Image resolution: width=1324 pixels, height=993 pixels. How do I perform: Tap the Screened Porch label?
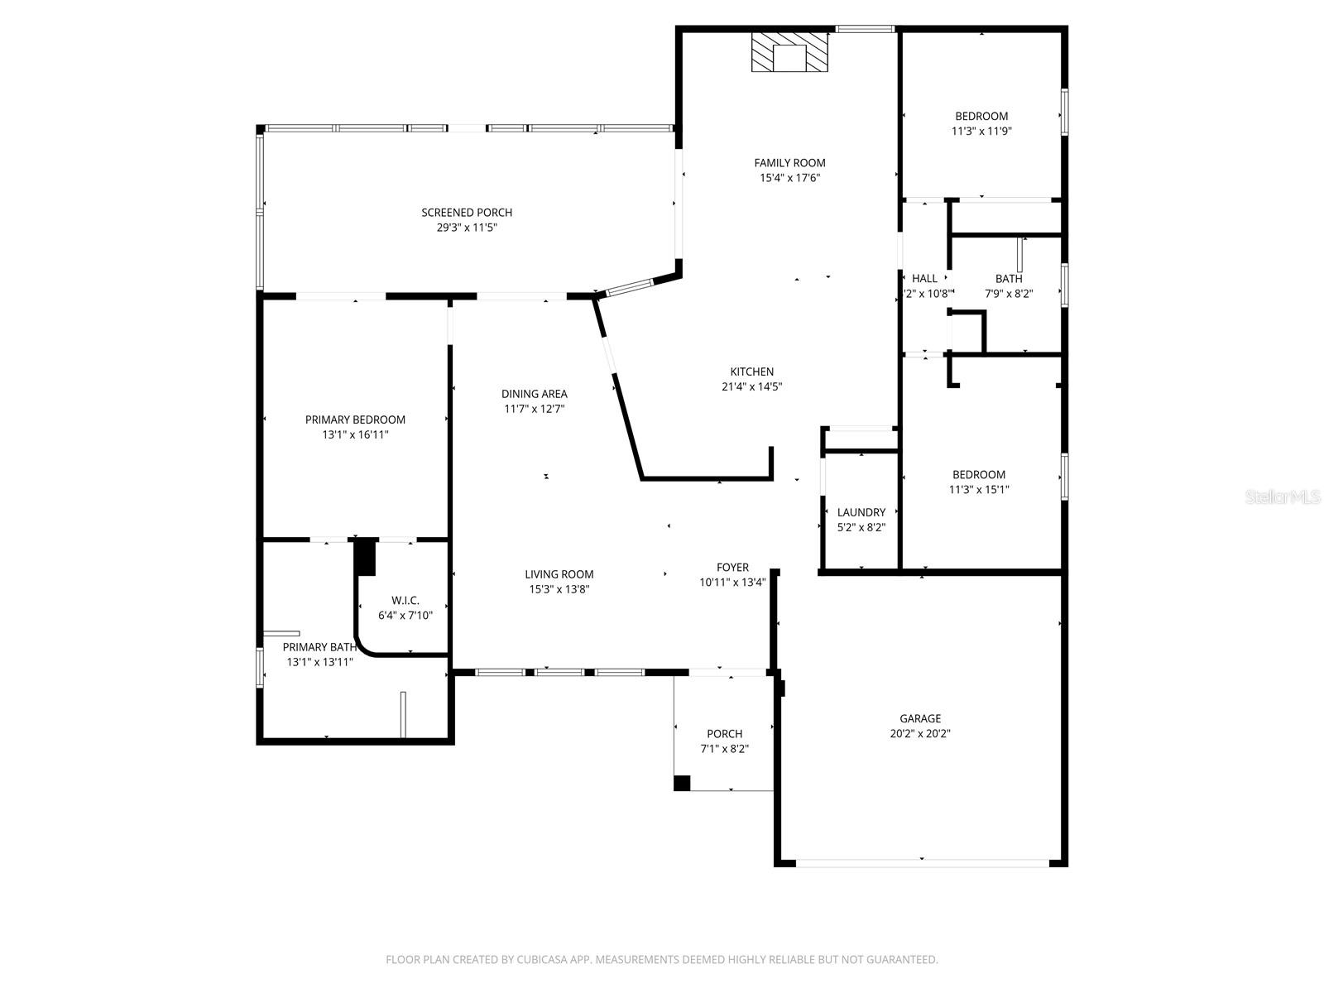[x=467, y=213]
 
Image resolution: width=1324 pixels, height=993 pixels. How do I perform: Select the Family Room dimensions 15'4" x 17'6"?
[x=789, y=178]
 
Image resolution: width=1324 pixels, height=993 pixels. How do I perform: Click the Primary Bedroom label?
[x=355, y=420]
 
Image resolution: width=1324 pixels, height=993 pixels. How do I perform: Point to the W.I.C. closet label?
[x=405, y=601]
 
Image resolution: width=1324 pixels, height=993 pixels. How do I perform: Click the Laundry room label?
[x=861, y=512]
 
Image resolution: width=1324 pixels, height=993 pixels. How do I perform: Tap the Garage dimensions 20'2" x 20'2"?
[x=920, y=733]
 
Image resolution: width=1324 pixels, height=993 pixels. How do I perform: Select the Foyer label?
[x=732, y=568]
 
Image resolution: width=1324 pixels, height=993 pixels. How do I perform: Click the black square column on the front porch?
[x=682, y=783]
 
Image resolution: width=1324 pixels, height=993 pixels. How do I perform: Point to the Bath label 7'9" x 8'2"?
[x=1009, y=279]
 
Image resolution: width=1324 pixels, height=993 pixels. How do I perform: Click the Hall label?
[x=924, y=279]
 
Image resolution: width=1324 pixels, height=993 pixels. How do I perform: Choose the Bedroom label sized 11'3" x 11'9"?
[x=981, y=117]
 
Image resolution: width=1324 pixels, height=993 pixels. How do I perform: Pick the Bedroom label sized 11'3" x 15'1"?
[x=979, y=475]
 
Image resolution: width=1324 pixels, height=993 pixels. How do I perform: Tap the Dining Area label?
[x=534, y=394]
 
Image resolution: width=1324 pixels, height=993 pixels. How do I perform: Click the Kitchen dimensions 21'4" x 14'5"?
[x=751, y=386]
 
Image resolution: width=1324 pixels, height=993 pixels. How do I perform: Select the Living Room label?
[x=559, y=574]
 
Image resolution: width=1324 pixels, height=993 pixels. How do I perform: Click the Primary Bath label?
[x=319, y=647]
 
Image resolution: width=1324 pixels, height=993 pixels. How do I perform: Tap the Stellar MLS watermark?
[x=1282, y=497]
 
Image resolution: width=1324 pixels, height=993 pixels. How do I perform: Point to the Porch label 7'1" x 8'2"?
[x=724, y=734]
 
